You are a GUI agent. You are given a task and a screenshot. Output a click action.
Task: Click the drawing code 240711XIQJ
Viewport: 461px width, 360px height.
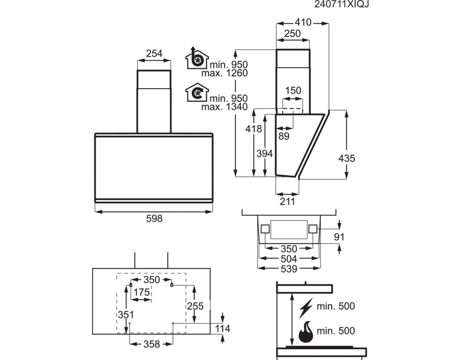341,4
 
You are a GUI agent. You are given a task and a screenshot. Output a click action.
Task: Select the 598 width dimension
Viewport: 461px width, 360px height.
154,219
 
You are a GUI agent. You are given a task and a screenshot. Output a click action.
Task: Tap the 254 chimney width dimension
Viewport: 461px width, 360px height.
154,54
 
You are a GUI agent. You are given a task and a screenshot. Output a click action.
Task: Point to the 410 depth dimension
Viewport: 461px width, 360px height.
303,22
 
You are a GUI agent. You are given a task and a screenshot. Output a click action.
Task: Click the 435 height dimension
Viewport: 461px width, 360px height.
347,158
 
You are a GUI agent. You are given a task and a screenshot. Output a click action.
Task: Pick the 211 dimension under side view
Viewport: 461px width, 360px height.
287,202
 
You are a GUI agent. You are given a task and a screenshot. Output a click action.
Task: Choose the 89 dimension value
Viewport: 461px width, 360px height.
284,136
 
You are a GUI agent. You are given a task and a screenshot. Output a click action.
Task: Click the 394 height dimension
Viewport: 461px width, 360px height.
265,153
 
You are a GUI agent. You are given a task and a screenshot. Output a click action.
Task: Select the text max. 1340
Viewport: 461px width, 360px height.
224,107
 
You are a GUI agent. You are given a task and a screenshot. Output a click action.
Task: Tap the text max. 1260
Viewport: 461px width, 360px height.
224,73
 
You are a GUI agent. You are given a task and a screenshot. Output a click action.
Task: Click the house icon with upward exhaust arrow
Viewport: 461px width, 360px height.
197,58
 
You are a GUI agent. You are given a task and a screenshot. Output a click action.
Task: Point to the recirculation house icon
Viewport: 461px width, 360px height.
197,93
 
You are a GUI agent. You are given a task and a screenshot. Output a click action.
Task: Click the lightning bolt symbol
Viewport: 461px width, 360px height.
306,308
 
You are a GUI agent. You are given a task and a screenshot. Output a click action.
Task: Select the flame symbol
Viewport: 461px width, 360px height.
306,331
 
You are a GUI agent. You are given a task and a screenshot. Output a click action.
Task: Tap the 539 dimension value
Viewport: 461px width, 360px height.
289,269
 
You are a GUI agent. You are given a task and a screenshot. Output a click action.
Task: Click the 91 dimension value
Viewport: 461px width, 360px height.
339,237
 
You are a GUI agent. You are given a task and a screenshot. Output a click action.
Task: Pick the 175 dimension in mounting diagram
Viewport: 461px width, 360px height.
142,292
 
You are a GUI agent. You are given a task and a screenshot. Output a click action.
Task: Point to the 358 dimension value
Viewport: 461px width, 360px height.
152,344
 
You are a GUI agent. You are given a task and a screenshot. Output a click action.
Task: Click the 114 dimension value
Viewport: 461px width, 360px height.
222,328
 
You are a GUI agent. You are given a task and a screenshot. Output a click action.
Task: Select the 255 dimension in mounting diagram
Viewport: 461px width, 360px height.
195,306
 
